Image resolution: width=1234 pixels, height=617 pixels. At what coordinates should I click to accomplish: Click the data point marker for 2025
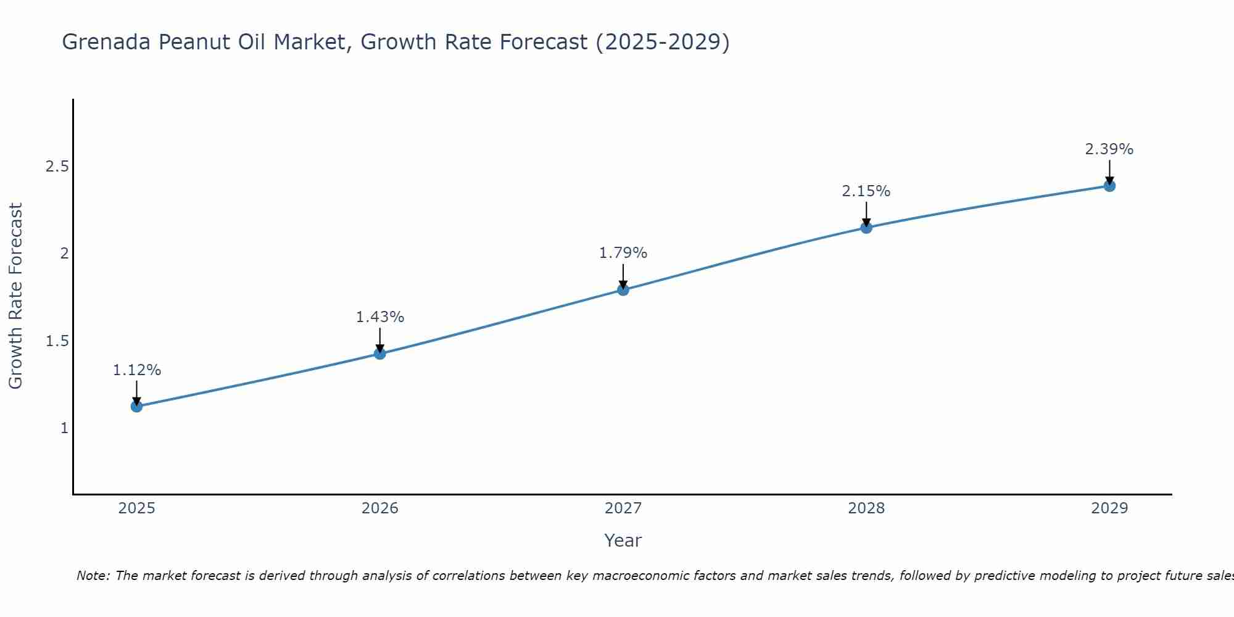tap(136, 406)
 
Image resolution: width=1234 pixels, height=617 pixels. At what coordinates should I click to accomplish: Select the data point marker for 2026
tap(380, 354)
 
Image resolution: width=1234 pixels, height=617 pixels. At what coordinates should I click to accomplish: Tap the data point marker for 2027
tap(623, 289)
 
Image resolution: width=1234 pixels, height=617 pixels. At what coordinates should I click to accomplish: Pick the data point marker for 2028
tap(866, 228)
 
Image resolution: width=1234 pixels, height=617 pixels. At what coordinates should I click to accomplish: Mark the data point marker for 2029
tap(1109, 186)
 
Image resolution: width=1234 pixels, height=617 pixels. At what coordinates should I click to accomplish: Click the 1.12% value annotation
tap(136, 370)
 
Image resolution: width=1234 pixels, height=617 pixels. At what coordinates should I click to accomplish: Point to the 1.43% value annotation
tap(380, 317)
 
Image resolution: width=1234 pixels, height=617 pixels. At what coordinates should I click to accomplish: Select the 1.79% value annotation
tap(623, 253)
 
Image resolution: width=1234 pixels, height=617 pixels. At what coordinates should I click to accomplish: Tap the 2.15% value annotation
tap(866, 191)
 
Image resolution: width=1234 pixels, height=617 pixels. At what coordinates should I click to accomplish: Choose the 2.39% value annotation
tap(1109, 149)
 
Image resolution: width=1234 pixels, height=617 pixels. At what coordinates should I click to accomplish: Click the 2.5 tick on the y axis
tap(57, 167)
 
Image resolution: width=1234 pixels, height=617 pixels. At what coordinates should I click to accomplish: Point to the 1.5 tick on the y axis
tap(57, 341)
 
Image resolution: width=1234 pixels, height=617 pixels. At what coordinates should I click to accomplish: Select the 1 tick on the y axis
tap(64, 428)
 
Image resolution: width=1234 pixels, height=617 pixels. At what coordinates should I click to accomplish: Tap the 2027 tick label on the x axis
tap(623, 508)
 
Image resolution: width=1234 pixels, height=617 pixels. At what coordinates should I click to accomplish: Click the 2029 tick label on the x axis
tap(1109, 508)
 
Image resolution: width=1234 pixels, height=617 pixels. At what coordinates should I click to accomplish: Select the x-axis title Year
tap(623, 540)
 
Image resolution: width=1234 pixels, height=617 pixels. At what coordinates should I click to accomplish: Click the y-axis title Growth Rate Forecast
tap(15, 296)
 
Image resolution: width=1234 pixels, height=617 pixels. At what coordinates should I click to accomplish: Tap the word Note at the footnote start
tap(93, 576)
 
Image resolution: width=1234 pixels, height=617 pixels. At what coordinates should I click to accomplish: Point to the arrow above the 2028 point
tap(866, 213)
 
